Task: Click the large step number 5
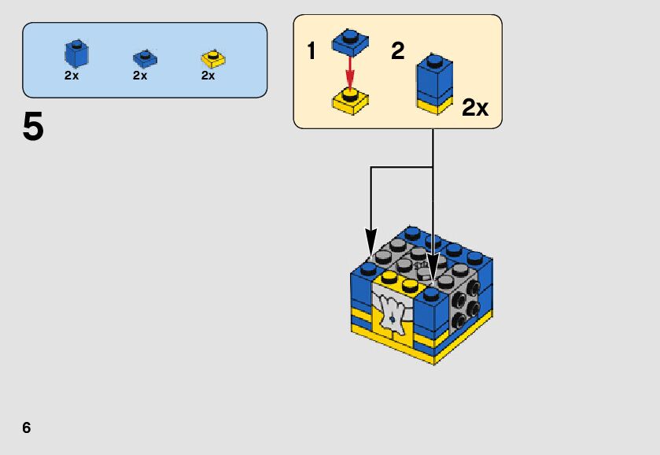(x=33, y=128)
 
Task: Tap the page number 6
(x=27, y=427)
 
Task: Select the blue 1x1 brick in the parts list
(x=76, y=53)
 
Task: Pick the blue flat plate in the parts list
(x=144, y=57)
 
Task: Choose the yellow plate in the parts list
(x=212, y=57)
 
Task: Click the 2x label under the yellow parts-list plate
(x=208, y=76)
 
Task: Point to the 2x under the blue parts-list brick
(x=72, y=76)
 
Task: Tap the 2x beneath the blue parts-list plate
(x=140, y=76)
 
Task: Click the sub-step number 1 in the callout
(x=312, y=52)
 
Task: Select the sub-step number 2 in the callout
(x=398, y=52)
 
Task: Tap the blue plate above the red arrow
(x=350, y=42)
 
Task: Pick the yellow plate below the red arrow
(x=352, y=100)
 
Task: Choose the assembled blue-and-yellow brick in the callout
(x=433, y=83)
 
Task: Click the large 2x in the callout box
(x=475, y=108)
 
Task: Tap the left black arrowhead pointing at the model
(x=371, y=239)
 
